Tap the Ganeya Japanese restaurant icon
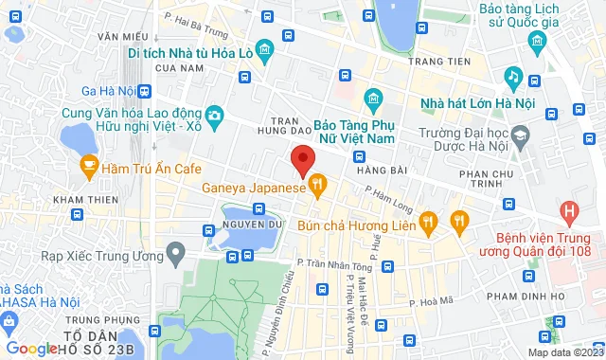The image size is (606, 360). pyautogui.click(x=319, y=182)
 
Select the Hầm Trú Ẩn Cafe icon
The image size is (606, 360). pyautogui.click(x=89, y=168)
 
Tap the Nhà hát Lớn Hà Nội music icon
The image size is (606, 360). pyautogui.click(x=511, y=75)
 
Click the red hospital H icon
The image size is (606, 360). pyautogui.click(x=568, y=210)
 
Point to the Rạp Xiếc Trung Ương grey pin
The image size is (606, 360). pyautogui.click(x=174, y=253)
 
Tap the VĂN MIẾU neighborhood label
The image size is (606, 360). pyautogui.click(x=117, y=35)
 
